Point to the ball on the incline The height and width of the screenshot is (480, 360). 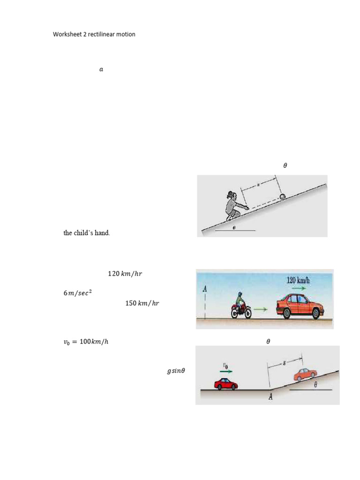(283, 197)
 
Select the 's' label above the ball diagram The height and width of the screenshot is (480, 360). (258, 185)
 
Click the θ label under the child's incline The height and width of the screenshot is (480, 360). (234, 227)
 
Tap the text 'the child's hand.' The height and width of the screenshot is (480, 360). (87, 233)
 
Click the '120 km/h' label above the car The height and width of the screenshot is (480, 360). (298, 280)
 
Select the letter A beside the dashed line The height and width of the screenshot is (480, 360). (204, 289)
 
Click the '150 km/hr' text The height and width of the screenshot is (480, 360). (142, 303)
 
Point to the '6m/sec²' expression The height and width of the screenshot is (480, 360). (78, 293)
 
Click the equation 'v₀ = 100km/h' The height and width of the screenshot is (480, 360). (86, 342)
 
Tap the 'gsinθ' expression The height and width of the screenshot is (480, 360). (176, 371)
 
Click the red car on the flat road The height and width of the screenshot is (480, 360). (226, 384)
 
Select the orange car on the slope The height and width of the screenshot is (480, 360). (305, 375)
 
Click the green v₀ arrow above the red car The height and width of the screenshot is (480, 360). (226, 371)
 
